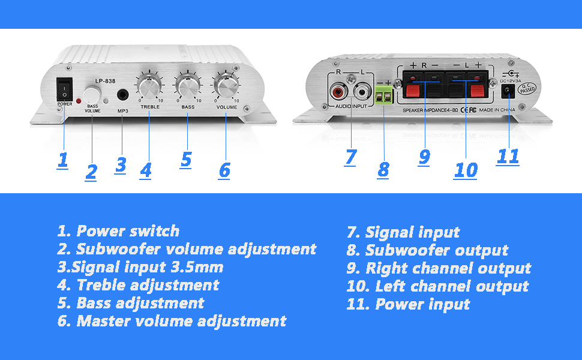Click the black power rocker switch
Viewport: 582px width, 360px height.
(64, 89)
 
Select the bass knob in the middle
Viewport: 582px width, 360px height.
(187, 87)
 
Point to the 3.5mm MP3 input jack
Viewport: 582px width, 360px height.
(124, 95)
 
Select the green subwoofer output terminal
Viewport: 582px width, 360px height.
(383, 93)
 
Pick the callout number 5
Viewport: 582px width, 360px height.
(186, 159)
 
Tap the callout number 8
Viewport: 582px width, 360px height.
(383, 169)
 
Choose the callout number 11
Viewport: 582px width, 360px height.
(508, 156)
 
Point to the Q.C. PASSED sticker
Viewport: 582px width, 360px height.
(528, 89)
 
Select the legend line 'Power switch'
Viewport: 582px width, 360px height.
(118, 231)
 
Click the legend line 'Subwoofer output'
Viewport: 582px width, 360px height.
(427, 250)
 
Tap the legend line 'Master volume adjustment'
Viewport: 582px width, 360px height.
(172, 322)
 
